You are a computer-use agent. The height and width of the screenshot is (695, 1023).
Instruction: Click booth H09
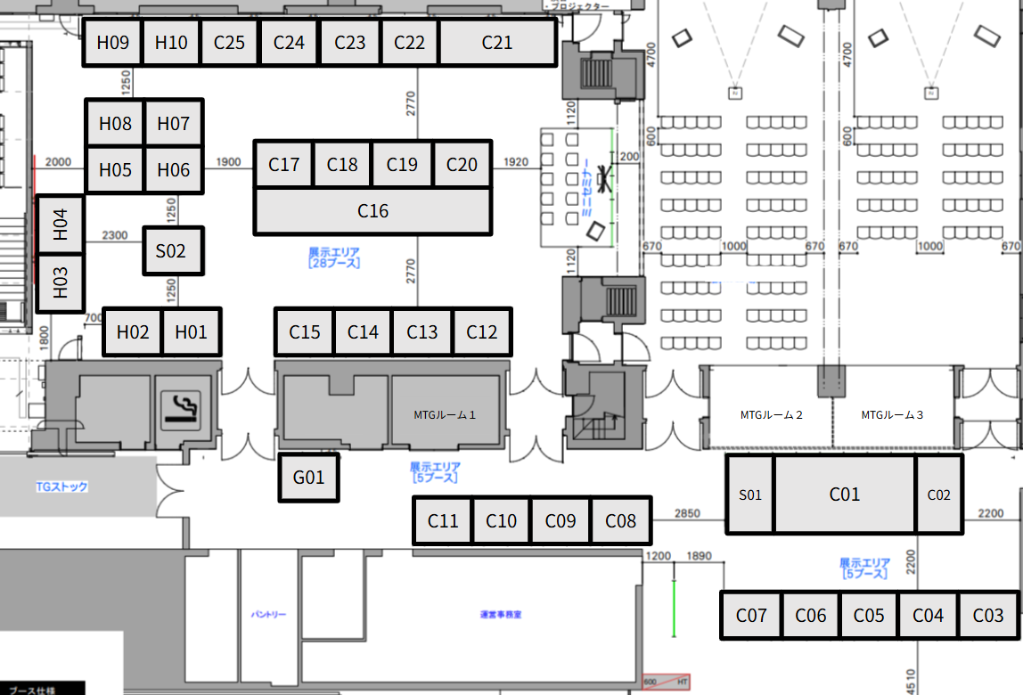coord(113,42)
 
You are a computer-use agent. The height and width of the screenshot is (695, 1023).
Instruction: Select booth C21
coord(497,42)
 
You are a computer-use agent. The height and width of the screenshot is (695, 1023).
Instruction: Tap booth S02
coord(173,250)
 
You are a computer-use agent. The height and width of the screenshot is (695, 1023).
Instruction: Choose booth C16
coord(372,211)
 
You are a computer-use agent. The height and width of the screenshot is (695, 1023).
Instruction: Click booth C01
coord(844,495)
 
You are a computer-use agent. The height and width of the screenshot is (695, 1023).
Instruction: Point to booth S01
coord(750,495)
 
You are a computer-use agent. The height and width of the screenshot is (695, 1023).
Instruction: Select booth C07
coord(751,615)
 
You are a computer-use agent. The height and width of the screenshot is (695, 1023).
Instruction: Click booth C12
coord(482,331)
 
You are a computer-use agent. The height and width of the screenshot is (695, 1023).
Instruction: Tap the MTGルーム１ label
coord(445,414)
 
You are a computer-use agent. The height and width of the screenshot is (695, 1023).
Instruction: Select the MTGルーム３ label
coord(892,414)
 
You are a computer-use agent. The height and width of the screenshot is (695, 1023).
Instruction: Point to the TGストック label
coord(61,487)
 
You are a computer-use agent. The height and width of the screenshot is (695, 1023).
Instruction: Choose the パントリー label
coord(268,615)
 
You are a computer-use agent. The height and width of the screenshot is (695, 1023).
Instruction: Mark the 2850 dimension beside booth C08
coord(687,514)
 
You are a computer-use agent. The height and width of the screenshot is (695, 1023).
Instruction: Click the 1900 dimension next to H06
coord(229,162)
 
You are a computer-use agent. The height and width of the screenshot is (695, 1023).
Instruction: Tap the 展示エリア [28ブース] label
coord(334,258)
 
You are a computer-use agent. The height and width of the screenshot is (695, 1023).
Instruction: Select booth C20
coord(462,164)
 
